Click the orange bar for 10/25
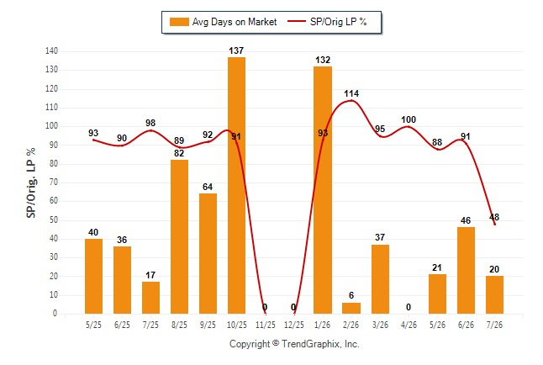click(236, 186)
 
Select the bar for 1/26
click(323, 190)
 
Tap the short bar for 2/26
click(351, 308)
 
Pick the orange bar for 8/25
click(179, 237)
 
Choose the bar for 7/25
click(150, 298)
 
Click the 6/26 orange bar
click(467, 270)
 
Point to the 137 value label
click(236, 50)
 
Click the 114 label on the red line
click(351, 93)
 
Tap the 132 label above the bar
click(323, 60)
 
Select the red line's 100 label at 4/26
click(409, 119)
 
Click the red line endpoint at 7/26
click(495, 225)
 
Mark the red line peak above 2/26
click(351, 101)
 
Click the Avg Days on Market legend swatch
click(179, 22)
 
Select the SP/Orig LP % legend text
click(339, 22)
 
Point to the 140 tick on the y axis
click(51, 51)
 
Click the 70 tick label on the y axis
click(54, 182)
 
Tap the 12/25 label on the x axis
click(294, 325)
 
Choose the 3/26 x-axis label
click(380, 325)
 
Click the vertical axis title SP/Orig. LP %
click(31, 182)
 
